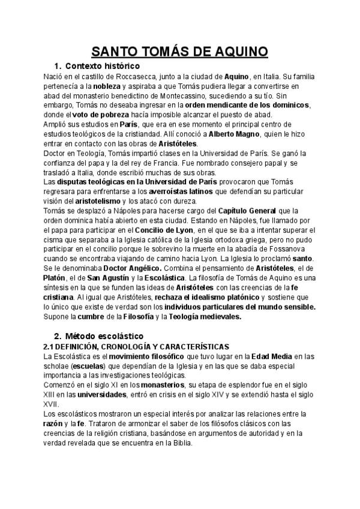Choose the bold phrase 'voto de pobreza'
pos(100,115)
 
